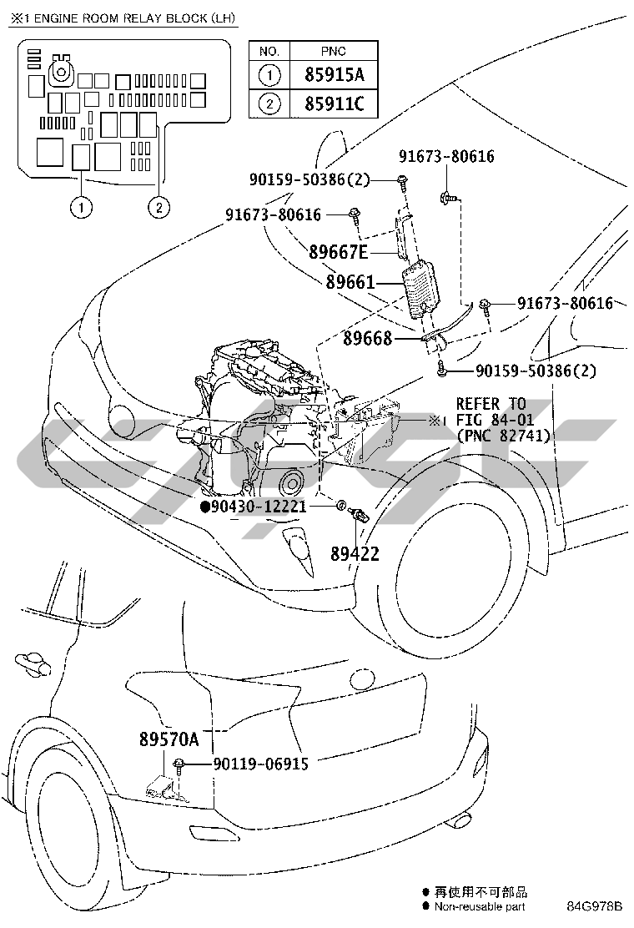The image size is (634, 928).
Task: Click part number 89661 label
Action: click(350, 282)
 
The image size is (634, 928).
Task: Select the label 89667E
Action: click(339, 252)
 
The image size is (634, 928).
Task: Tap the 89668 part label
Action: click(367, 339)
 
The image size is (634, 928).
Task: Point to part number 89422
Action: click(355, 554)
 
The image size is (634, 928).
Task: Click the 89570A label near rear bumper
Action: click(169, 739)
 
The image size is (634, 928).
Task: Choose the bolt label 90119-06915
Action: click(261, 764)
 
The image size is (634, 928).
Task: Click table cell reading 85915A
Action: click(335, 74)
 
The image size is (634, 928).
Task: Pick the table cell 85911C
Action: click(335, 104)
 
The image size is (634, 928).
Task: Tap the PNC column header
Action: click(334, 52)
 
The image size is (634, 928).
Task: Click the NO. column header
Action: click(269, 52)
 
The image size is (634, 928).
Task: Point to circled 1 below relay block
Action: click(81, 208)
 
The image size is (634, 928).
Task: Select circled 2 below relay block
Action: click(158, 208)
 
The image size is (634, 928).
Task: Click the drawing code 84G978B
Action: click(594, 906)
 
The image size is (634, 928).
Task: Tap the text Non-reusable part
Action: click(480, 906)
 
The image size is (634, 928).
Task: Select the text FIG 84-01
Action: click(495, 421)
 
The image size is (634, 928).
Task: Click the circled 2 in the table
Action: click(269, 104)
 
